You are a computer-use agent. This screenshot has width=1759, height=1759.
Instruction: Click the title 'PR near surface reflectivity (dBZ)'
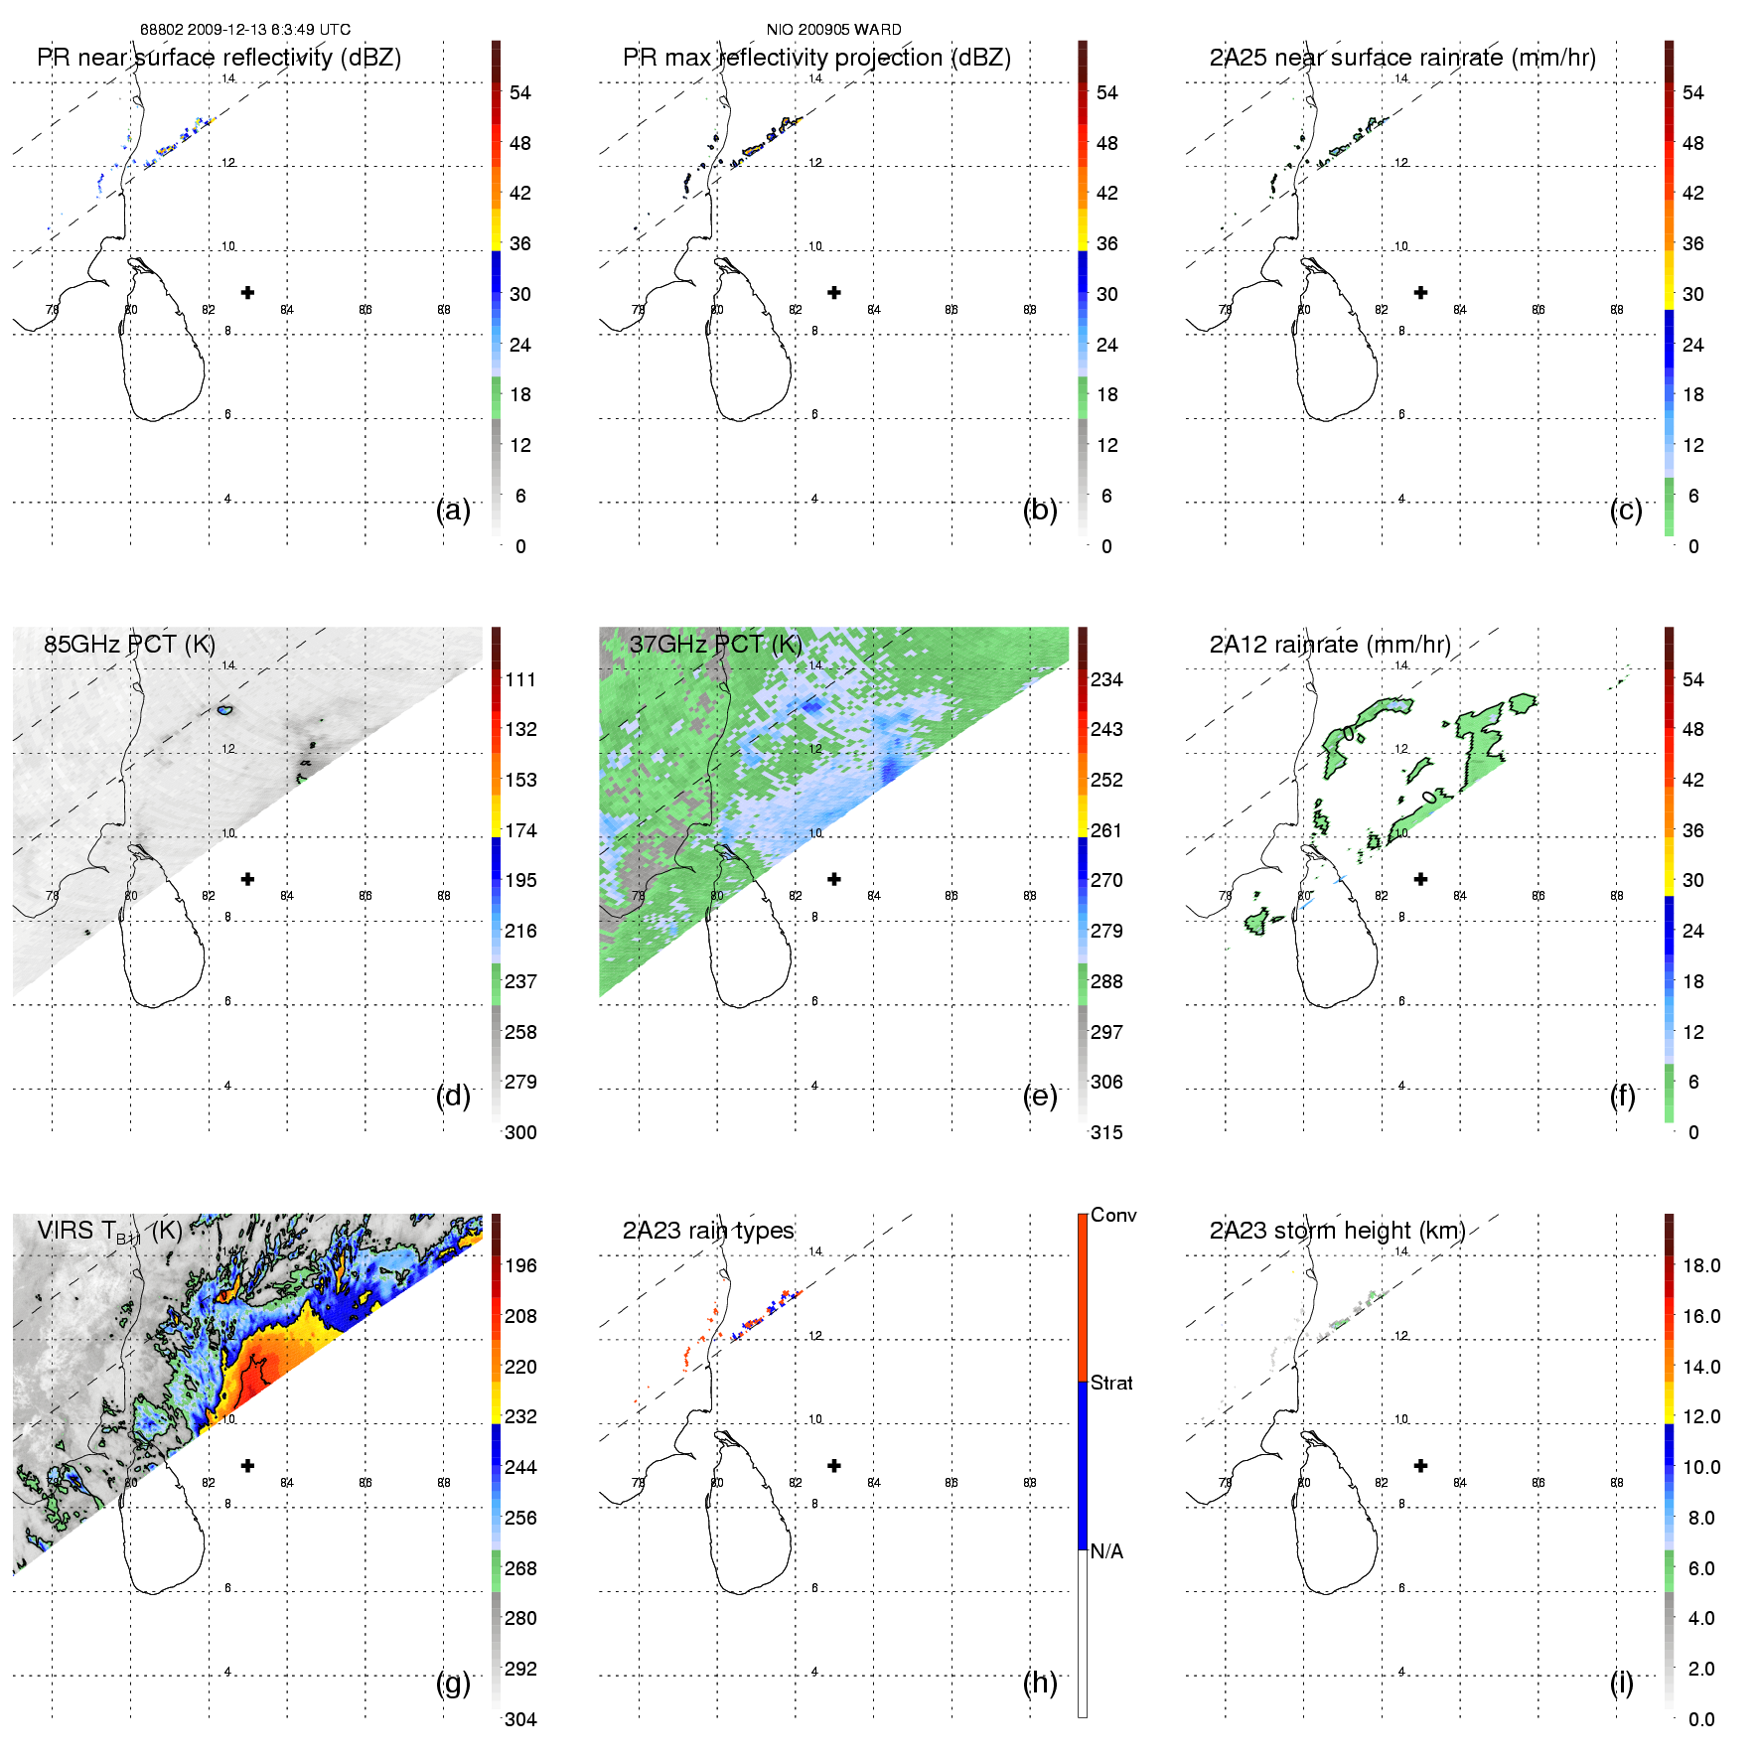219,58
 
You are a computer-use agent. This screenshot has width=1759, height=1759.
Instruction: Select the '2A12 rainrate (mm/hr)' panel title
1330,645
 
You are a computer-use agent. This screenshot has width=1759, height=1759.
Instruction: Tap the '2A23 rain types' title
708,1231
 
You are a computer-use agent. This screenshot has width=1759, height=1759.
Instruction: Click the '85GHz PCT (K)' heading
129,645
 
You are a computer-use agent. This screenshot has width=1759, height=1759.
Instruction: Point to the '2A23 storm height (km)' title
1337,1231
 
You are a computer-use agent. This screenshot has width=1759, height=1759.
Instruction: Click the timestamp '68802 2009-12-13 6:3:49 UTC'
244,30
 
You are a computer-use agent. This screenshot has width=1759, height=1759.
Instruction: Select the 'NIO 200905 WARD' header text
833,30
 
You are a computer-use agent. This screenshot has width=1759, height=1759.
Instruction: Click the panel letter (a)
453,510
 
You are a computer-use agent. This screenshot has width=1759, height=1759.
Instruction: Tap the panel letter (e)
1040,1096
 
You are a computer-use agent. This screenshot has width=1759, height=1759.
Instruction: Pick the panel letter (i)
1621,1683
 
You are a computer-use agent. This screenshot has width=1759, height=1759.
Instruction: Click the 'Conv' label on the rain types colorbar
1113,1215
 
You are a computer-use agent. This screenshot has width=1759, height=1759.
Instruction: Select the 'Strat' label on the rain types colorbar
1111,1383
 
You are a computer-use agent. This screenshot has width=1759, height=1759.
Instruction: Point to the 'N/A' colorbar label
1106,1551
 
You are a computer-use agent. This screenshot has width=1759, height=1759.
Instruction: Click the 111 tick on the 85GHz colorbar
520,679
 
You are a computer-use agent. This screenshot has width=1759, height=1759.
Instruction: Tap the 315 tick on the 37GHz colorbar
1106,1132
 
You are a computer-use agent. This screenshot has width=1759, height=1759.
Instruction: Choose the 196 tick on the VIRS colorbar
520,1265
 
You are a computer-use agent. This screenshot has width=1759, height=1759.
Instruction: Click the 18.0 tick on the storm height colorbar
1700,1265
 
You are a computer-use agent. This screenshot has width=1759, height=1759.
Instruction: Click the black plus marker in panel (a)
247,292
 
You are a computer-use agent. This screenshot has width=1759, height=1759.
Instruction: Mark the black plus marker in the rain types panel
834,1465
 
